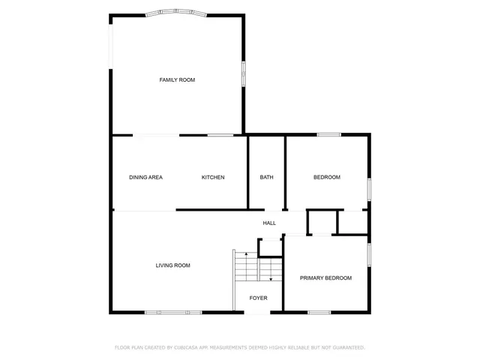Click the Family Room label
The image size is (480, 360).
click(x=177, y=79)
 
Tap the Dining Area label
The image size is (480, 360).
click(x=145, y=178)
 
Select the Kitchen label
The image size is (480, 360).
click(x=213, y=178)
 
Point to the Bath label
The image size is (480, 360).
click(x=266, y=178)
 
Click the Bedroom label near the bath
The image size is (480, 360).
click(x=326, y=178)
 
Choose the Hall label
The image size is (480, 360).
click(x=269, y=223)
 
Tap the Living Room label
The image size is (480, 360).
click(x=172, y=265)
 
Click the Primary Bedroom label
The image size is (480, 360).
click(x=325, y=278)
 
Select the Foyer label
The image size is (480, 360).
click(x=258, y=298)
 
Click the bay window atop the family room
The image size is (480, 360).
click(x=176, y=12)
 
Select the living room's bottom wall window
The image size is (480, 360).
click(x=172, y=312)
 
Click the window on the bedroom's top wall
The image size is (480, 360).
click(x=328, y=135)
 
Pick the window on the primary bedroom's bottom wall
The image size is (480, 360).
click(x=319, y=312)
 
